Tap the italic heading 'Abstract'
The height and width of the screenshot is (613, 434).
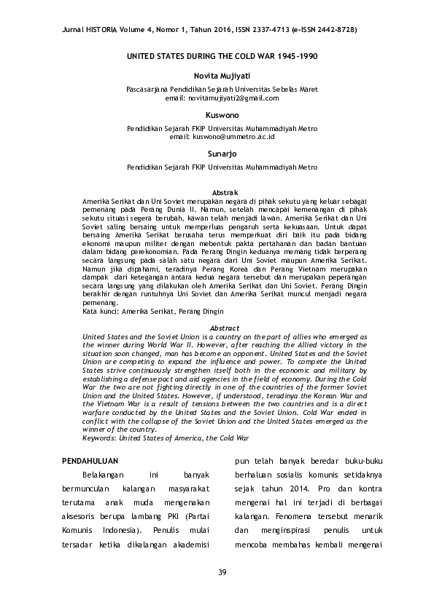(224, 328)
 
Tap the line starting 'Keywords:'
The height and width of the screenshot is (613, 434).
(166, 438)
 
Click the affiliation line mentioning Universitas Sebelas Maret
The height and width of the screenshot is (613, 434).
(222, 90)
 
